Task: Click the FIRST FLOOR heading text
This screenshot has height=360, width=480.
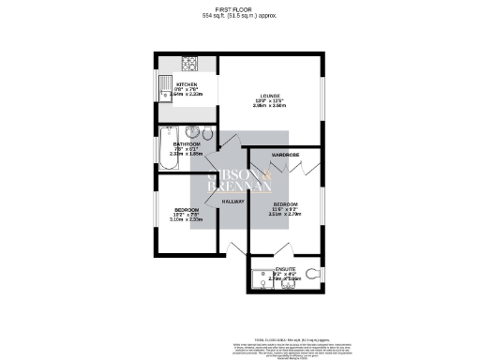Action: pyautogui.click(x=240, y=8)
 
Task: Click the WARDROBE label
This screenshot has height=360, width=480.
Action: pyautogui.click(x=285, y=154)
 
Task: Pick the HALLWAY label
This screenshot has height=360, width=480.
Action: pyautogui.click(x=233, y=202)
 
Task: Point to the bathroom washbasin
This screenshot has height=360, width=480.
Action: pyautogui.click(x=192, y=132)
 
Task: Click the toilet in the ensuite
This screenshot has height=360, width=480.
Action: pyautogui.click(x=315, y=275)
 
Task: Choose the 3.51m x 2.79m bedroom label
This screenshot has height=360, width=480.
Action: pyautogui.click(x=287, y=213)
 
